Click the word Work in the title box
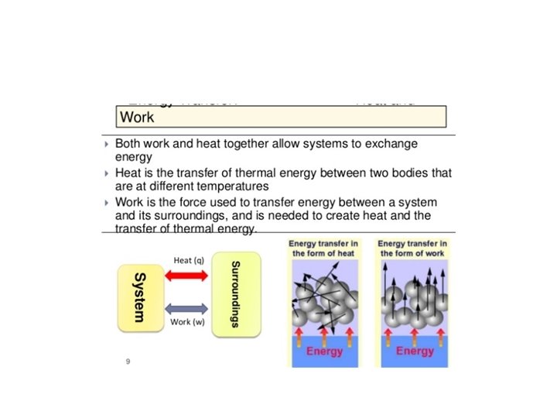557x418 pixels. point(136,117)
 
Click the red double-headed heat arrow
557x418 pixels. point(186,276)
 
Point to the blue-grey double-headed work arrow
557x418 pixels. point(186,308)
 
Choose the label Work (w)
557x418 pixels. point(187,322)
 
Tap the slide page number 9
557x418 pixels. point(128,361)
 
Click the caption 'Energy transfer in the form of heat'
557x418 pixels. point(324,248)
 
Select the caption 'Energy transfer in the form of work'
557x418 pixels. point(414,248)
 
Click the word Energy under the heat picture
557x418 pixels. point(324,351)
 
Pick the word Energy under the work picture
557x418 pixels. point(415,351)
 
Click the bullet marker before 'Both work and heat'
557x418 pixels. point(107,145)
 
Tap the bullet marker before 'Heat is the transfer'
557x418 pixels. point(107,173)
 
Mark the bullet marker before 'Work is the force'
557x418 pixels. point(107,202)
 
